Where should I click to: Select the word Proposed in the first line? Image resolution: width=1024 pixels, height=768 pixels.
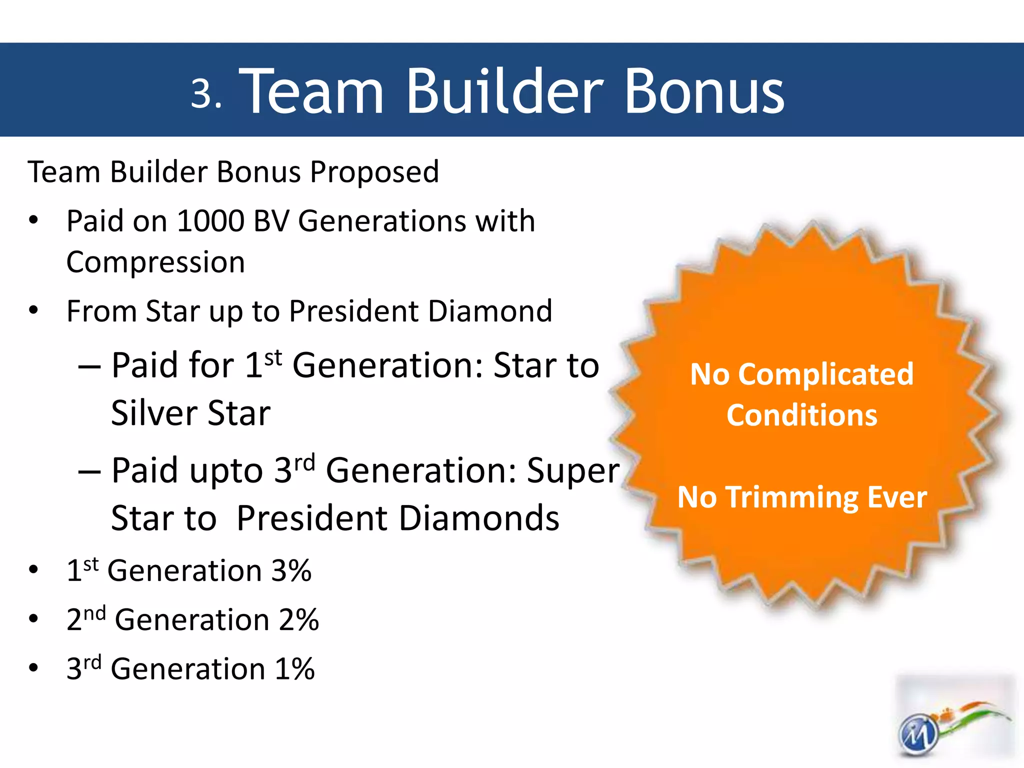tap(374, 173)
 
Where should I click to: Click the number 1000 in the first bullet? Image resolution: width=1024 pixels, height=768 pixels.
tap(210, 221)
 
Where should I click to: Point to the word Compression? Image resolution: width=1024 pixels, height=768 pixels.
tap(155, 262)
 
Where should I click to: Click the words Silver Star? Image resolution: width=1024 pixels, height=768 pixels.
tap(190, 414)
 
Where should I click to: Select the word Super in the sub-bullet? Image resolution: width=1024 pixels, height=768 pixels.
tap(573, 471)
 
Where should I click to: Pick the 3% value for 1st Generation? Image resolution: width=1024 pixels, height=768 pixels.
tap(291, 571)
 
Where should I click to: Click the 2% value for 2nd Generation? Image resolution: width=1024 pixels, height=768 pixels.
tap(298, 620)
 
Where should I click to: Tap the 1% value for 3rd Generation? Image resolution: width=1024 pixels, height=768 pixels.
tap(294, 669)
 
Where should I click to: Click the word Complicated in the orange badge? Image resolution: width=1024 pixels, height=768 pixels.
tap(825, 374)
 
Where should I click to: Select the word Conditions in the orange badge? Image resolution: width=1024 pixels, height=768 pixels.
tap(802, 415)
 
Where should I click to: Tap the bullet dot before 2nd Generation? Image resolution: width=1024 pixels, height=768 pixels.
tap(33, 619)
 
